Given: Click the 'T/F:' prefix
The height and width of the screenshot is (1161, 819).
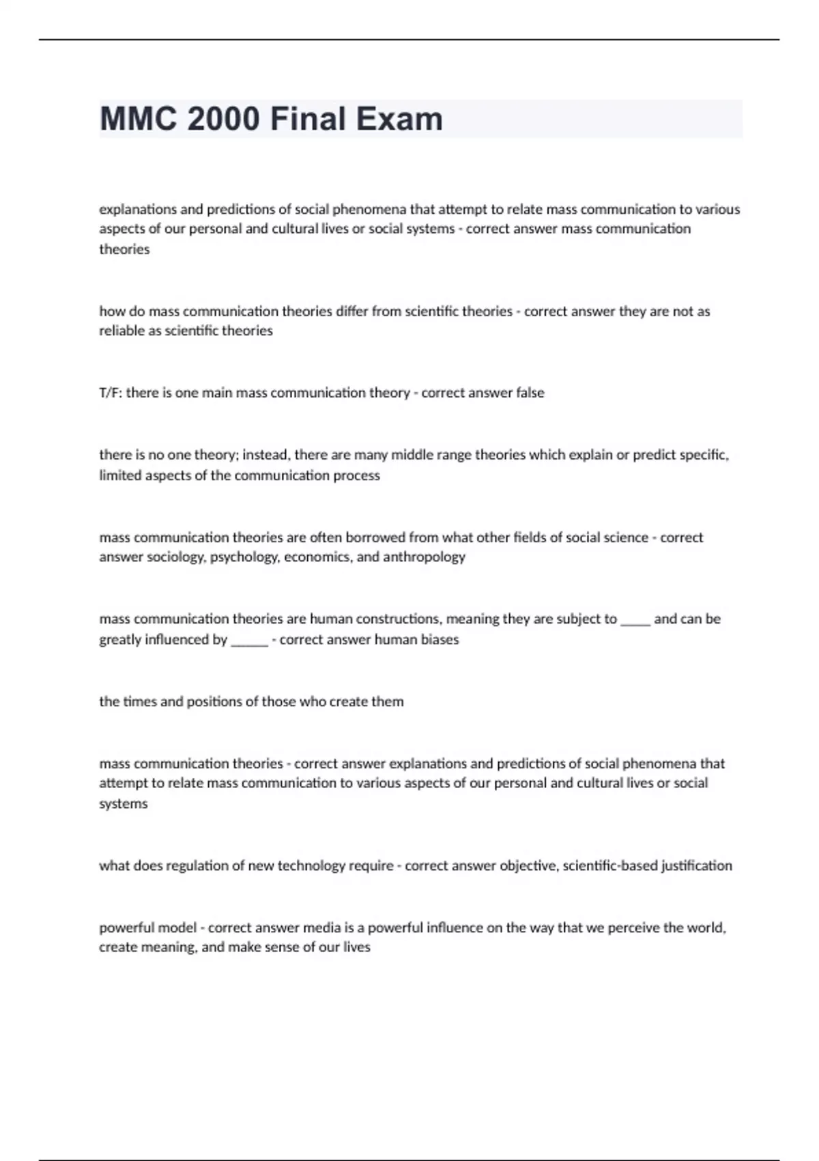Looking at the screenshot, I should (x=111, y=393).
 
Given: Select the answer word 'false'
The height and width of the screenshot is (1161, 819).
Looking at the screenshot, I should (x=530, y=393).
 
